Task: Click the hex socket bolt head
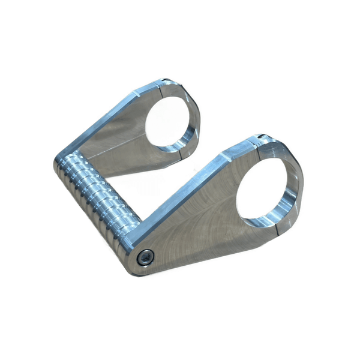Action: [x=145, y=256]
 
